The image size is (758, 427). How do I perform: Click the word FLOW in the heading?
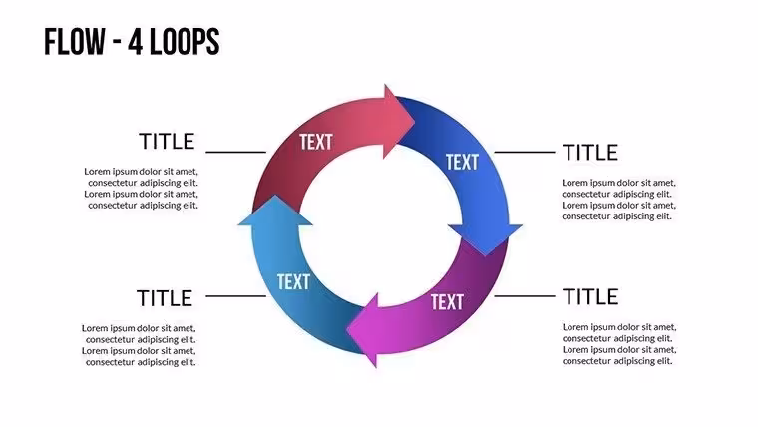75,42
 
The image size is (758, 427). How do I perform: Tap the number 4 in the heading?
136,42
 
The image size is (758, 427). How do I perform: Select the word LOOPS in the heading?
185,42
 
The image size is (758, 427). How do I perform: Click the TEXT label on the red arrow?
316,142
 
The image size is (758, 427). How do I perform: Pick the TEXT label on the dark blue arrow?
462,162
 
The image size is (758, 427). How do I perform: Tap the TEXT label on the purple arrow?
447,302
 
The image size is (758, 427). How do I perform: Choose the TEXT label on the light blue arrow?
293,282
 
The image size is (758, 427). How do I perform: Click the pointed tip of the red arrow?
415,121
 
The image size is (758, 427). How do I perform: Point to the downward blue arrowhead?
485,238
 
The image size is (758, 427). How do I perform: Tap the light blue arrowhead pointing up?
275,211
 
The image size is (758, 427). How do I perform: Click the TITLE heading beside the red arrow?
167,142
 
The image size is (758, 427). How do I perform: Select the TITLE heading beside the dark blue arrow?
590,153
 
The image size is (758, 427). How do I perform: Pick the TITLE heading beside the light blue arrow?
165,298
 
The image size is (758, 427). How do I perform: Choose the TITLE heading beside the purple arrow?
590,297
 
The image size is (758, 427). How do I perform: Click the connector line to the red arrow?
236,152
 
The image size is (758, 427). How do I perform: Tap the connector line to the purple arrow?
525,296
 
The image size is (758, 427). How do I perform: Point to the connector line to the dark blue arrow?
525,152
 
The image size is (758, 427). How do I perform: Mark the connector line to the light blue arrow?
236,296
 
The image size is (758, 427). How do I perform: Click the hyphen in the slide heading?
117,44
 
